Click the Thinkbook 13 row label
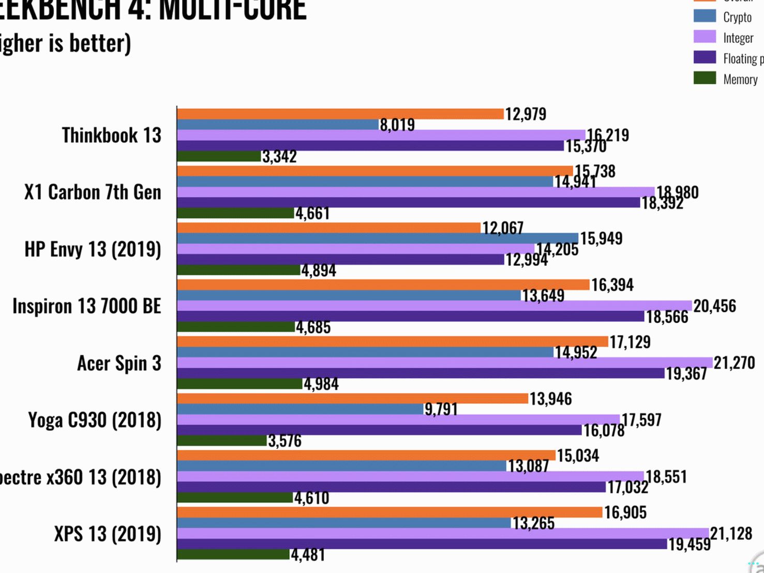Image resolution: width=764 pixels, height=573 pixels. (111, 135)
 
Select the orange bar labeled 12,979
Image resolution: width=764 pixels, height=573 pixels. (340, 114)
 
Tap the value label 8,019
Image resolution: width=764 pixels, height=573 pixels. (397, 125)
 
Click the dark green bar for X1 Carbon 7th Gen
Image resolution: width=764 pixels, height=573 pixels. (235, 213)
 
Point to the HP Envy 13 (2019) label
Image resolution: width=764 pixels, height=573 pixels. (93, 249)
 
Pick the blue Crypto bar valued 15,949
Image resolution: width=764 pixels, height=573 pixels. (378, 238)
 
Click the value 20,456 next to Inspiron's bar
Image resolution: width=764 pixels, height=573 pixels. (714, 306)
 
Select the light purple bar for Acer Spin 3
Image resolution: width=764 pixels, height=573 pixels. (444, 363)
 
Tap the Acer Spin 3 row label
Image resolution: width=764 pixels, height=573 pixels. (119, 363)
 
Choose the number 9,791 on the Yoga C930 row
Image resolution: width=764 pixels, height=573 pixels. (441, 410)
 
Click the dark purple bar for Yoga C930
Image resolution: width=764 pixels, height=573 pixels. (379, 430)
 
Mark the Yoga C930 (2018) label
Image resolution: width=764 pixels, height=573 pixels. (95, 420)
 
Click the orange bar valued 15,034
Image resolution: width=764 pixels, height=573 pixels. (366, 456)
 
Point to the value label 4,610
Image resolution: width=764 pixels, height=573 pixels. (311, 498)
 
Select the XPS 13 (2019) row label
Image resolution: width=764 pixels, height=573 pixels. (108, 534)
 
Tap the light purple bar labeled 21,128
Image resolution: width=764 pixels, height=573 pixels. (442, 533)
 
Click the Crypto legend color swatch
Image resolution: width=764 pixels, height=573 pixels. (705, 16)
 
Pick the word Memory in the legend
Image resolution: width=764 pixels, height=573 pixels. (740, 79)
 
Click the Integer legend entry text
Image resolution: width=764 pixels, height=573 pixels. (738, 38)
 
